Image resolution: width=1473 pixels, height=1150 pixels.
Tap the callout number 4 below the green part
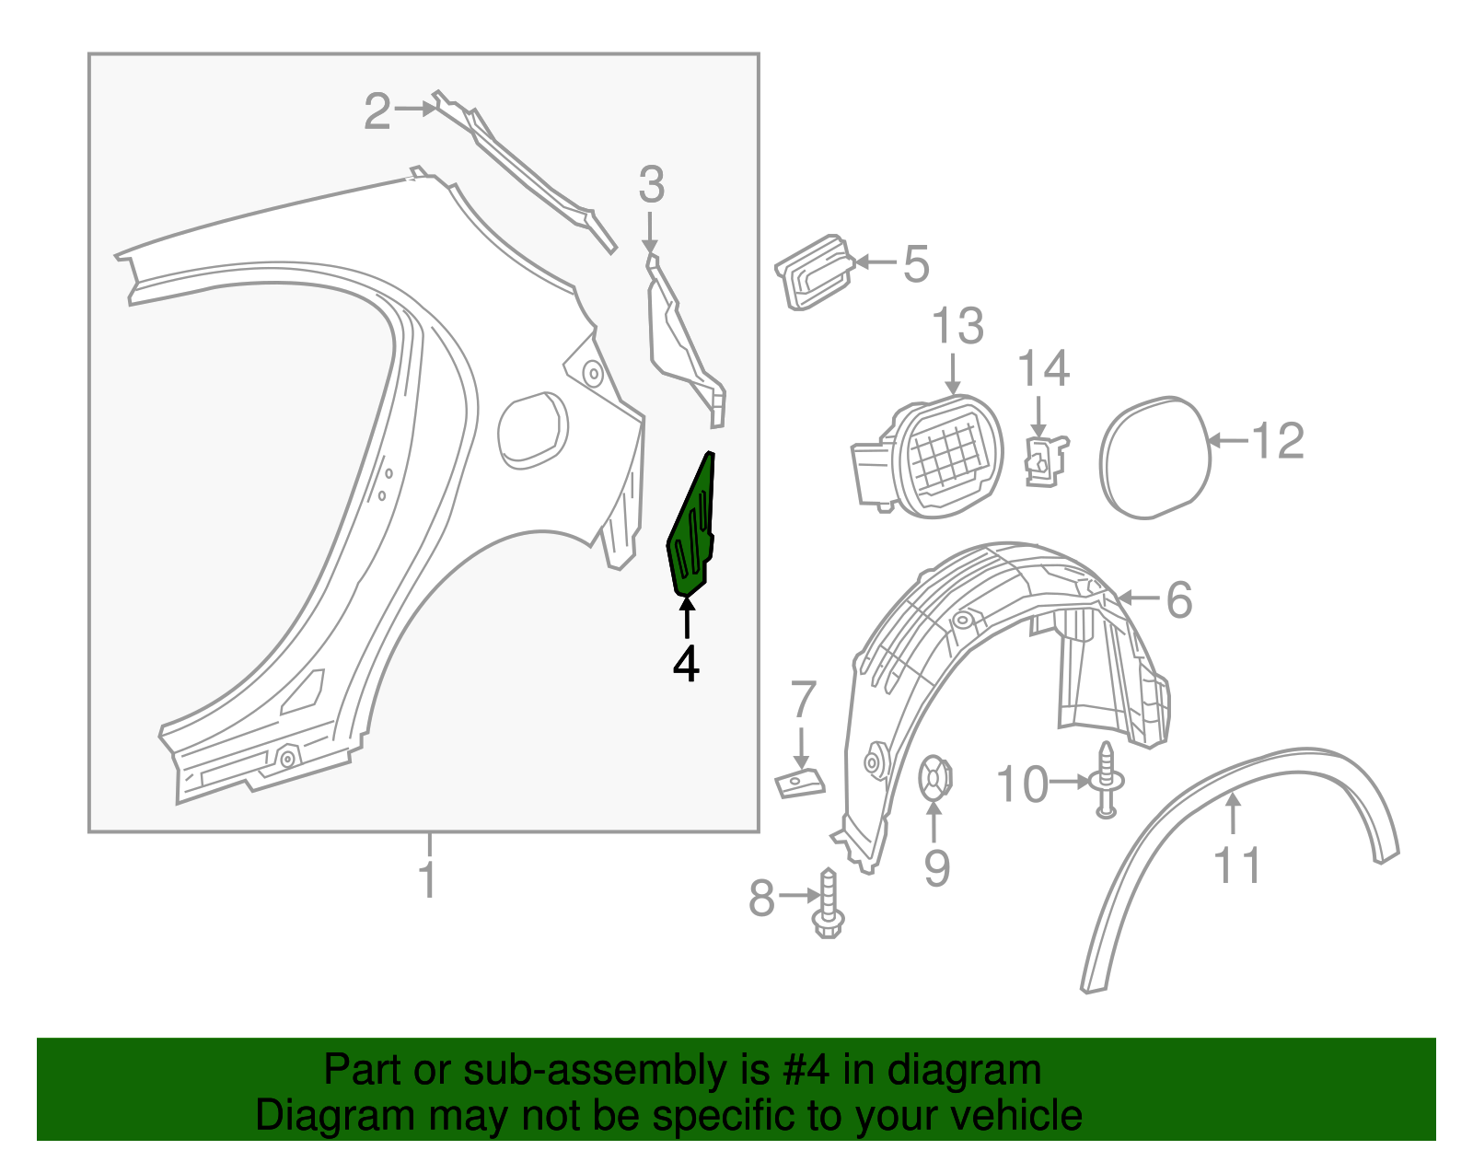[x=686, y=664]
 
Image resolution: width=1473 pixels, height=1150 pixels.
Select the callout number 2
[x=377, y=111]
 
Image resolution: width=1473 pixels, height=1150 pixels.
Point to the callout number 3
[x=652, y=185]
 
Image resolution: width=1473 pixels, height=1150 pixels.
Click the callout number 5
[x=916, y=264]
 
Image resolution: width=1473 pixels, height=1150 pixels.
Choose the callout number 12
[x=1280, y=441]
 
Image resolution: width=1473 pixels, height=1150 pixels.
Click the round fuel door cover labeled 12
[x=1154, y=457]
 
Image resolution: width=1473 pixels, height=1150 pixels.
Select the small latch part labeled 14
[x=1045, y=460]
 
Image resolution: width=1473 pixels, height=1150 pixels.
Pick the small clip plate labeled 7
[x=799, y=784]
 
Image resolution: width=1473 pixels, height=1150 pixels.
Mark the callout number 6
[x=1179, y=600]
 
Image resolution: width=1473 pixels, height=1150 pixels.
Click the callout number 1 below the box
[x=428, y=879]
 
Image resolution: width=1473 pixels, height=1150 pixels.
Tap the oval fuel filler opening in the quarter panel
[x=532, y=430]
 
